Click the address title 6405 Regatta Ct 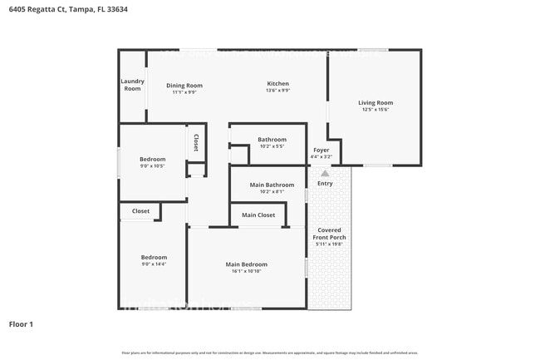(x=69, y=10)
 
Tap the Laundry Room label (x=132, y=85)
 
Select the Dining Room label (x=184, y=85)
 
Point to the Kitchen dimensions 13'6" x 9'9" (x=277, y=91)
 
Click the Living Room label (x=376, y=102)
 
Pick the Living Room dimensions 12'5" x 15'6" (x=376, y=109)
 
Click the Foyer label (x=321, y=150)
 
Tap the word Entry (x=325, y=183)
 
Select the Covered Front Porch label (x=329, y=234)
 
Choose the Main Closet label (x=258, y=215)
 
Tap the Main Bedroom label (x=246, y=264)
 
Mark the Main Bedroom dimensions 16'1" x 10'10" (x=246, y=272)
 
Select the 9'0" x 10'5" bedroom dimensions (x=152, y=165)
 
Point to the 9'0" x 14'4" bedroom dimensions (x=153, y=264)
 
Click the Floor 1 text (x=21, y=324)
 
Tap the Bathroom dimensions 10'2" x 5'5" (x=272, y=146)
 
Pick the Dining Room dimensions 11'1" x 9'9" (x=184, y=92)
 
